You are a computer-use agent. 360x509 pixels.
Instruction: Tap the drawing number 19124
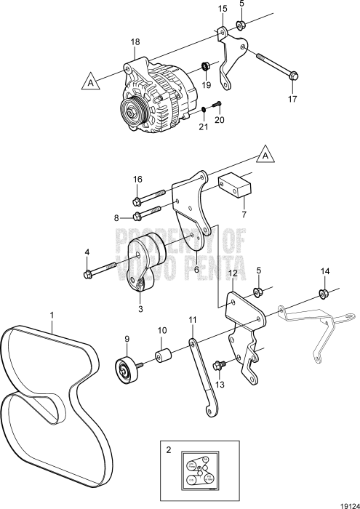tap(345, 500)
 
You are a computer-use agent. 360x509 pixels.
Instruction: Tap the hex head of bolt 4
tap(89, 274)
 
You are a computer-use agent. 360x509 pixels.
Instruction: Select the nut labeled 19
tap(207, 68)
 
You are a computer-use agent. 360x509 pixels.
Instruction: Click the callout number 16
tap(137, 179)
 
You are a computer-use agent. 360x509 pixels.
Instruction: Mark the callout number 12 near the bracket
tap(233, 273)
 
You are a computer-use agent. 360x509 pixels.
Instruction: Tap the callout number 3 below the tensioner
tap(140, 308)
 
